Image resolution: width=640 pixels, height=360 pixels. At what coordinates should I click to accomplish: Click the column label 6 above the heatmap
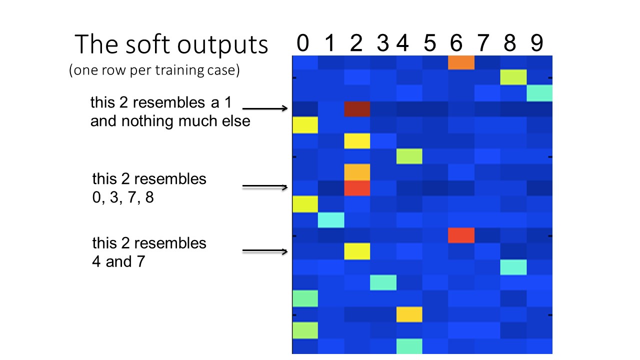coord(456,44)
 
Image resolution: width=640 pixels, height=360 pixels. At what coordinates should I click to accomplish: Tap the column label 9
coord(536,44)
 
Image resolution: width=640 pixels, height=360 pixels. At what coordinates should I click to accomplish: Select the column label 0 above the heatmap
coord(302,44)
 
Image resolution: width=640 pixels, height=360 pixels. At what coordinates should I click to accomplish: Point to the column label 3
coord(382,44)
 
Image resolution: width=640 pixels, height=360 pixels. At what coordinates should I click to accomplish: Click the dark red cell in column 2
coord(357,109)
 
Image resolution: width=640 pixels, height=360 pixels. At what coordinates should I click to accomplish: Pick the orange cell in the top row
coord(461,62)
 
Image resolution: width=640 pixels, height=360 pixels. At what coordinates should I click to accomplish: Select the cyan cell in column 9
coord(539,93)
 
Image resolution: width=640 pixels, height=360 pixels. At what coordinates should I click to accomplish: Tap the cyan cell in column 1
coord(331,219)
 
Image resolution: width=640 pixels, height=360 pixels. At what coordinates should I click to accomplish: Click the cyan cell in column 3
coord(383,282)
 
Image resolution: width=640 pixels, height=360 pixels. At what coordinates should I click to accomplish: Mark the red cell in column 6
coord(461,235)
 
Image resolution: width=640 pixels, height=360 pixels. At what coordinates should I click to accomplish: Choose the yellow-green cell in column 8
coord(513,78)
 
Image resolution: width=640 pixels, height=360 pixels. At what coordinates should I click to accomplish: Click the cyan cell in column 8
coord(513,267)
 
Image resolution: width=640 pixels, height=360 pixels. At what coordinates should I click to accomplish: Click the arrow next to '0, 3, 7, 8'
coord(265,187)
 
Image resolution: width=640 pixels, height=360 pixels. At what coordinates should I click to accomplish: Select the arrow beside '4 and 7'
coord(265,251)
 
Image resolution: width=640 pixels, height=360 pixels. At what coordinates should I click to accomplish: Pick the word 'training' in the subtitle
coord(188,71)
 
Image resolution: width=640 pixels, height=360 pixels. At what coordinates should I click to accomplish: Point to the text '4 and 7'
coord(118,261)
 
